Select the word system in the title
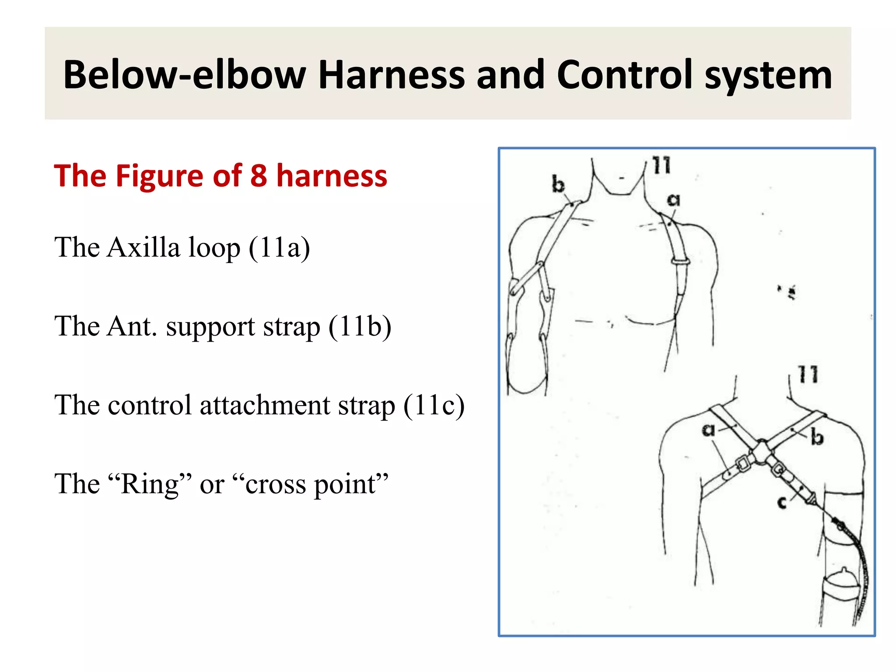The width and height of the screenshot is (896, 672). click(768, 75)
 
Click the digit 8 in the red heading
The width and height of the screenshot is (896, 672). click(259, 175)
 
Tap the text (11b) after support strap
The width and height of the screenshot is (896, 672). click(360, 326)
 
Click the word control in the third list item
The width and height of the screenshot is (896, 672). click(150, 405)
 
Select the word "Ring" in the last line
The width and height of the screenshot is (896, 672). click(150, 484)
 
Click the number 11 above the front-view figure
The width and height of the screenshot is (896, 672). click(661, 165)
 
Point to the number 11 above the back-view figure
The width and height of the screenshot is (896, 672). click(808, 374)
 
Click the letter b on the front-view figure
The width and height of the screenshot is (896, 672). click(558, 184)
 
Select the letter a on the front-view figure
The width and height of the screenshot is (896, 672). click(674, 200)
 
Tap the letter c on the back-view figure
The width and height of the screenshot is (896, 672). click(782, 502)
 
